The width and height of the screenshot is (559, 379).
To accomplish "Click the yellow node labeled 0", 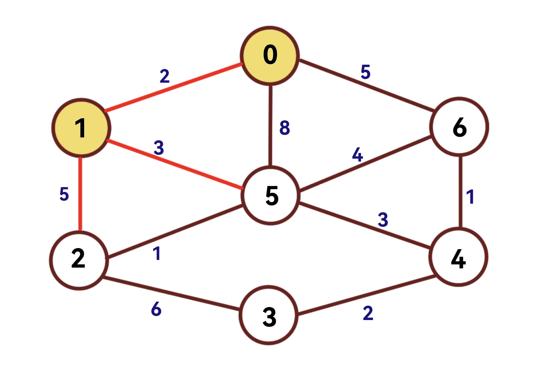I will [x=270, y=55].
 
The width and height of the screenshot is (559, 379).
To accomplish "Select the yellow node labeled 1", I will [x=81, y=128].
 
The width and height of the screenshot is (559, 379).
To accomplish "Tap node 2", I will [x=78, y=260].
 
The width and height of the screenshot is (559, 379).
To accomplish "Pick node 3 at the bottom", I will [x=269, y=315].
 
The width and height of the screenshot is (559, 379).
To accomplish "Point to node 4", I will [x=458, y=257].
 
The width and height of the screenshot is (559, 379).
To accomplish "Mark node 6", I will [x=459, y=127].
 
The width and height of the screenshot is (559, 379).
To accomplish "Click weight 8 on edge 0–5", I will [x=284, y=127].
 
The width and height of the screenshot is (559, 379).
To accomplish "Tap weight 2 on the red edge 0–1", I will [x=165, y=76].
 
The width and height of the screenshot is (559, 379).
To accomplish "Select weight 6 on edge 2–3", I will [x=156, y=309].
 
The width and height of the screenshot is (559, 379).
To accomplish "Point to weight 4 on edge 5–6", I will [x=357, y=155].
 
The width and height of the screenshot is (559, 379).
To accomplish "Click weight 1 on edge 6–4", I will [x=470, y=197].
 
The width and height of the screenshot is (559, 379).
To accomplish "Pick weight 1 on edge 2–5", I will [x=156, y=253].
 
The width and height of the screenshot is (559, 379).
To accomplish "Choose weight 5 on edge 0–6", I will [x=365, y=72].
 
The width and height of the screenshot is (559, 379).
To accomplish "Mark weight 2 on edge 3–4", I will [x=368, y=313].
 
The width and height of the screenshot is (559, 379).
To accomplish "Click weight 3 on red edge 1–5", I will [x=159, y=148].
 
